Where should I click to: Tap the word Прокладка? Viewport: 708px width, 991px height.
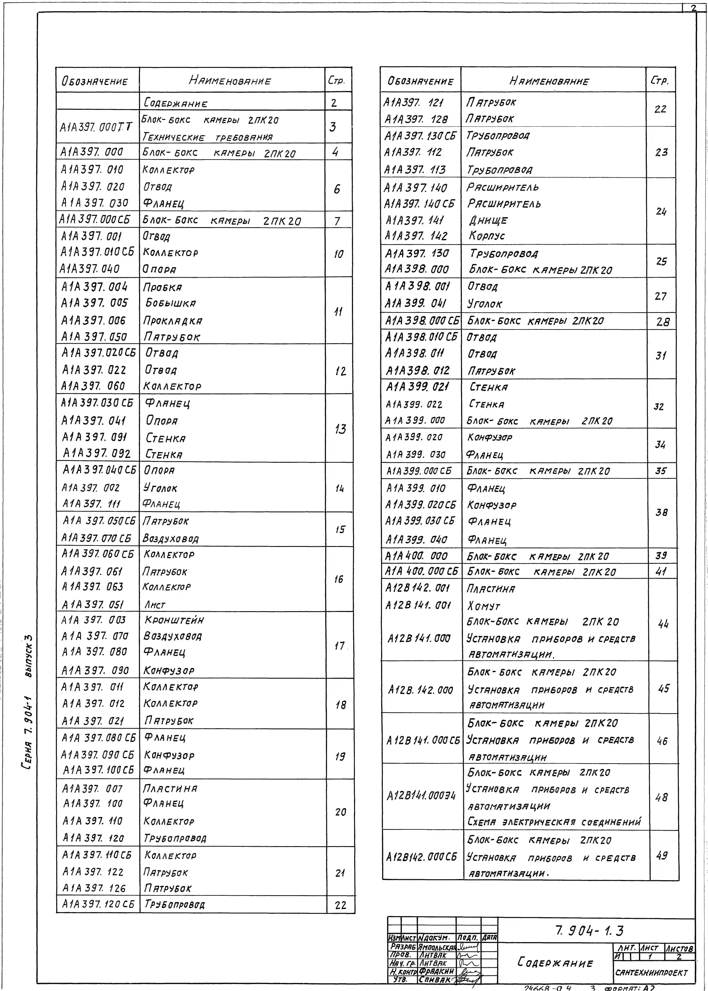[173, 321]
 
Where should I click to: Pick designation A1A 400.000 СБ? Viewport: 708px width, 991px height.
[421, 571]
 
